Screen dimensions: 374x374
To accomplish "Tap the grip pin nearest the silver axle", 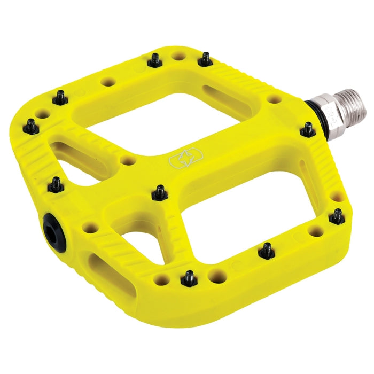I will [x=307, y=128].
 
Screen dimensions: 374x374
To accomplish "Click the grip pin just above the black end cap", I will [x=55, y=185].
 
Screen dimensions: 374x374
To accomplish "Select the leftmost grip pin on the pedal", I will [x=30, y=127].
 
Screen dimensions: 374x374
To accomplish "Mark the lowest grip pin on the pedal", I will [x=189, y=277].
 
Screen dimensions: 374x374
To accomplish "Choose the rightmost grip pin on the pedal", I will [x=337, y=216].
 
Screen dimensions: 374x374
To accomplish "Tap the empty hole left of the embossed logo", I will [x=127, y=160].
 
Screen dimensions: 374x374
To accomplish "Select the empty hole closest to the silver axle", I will [x=274, y=99].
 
